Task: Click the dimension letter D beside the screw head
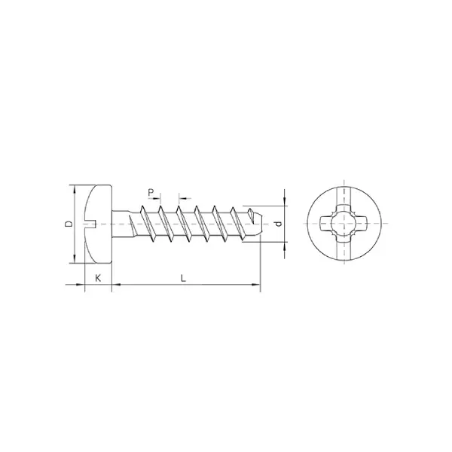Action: [67, 224]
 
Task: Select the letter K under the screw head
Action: [98, 277]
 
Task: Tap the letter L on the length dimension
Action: [183, 277]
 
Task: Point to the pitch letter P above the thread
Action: [151, 193]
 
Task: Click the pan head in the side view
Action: [98, 224]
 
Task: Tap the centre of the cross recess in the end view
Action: [344, 224]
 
